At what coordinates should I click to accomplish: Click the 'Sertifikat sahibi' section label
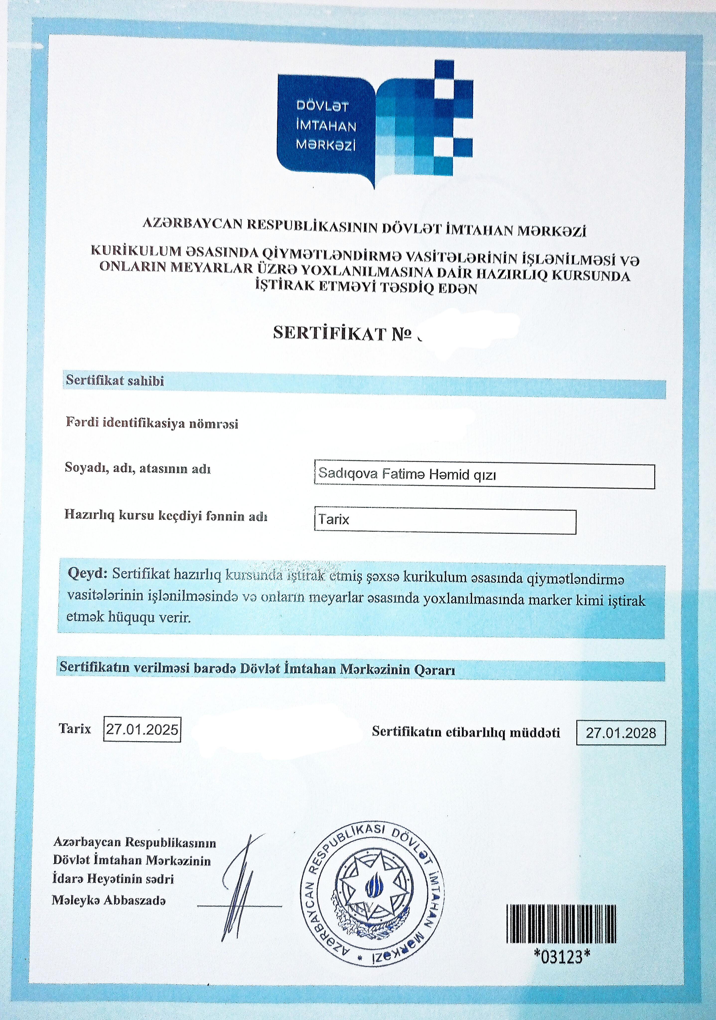coord(115,381)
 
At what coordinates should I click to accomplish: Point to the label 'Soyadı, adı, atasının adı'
coord(138,468)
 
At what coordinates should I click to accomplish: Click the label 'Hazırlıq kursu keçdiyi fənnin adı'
coord(166,515)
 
